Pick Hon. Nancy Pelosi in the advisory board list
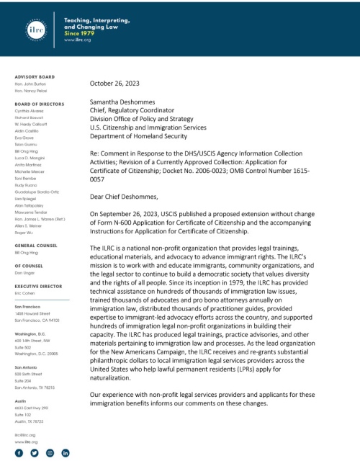click(31, 93)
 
